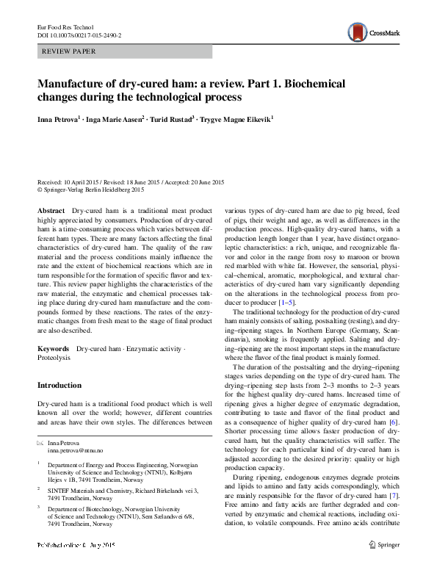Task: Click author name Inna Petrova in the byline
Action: pos(61,118)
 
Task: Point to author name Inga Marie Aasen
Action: pos(113,118)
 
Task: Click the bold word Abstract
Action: pos(51,211)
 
